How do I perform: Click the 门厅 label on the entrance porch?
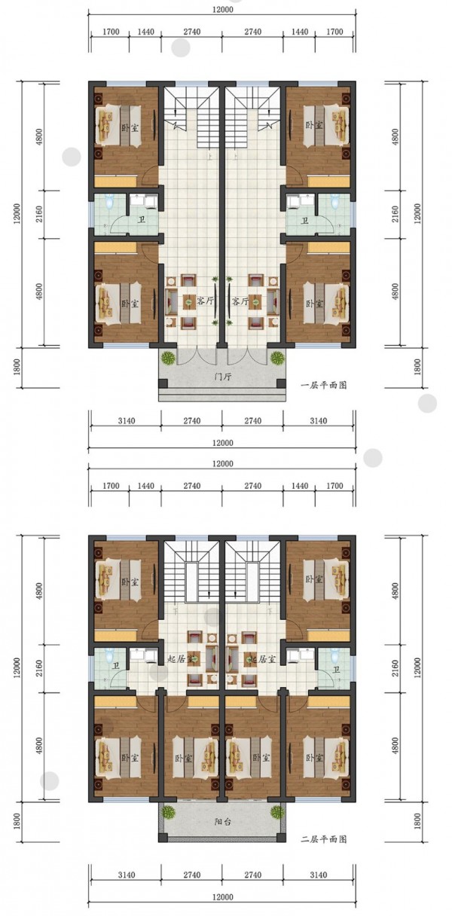[222, 377]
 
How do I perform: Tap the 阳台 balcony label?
[222, 821]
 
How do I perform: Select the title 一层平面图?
[323, 385]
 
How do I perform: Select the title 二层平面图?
[323, 839]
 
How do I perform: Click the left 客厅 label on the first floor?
[205, 302]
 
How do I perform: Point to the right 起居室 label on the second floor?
[262, 660]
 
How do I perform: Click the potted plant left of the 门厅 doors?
[168, 359]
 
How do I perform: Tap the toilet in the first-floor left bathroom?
[109, 201]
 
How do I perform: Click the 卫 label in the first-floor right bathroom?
[304, 221]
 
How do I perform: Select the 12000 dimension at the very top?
[222, 9]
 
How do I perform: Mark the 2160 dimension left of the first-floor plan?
[39, 214]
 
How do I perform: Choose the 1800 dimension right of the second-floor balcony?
[417, 821]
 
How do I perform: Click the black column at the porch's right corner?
[281, 383]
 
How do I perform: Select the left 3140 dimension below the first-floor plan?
[127, 421]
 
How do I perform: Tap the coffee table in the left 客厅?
[189, 301]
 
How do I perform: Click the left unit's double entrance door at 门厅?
[197, 356]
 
